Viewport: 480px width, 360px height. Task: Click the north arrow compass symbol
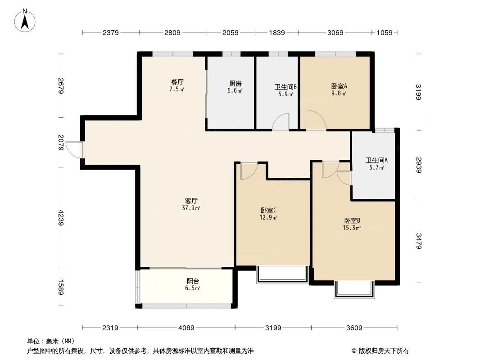pyautogui.click(x=25, y=21)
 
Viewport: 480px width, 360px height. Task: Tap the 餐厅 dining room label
pyautogui.click(x=177, y=82)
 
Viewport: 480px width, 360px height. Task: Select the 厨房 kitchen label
pyautogui.click(x=235, y=84)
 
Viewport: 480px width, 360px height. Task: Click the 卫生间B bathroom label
pyautogui.click(x=285, y=87)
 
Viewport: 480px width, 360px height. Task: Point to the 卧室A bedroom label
pyautogui.click(x=339, y=86)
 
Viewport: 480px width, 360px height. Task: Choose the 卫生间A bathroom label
pyautogui.click(x=376, y=160)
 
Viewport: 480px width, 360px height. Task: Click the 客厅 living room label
pyautogui.click(x=191, y=201)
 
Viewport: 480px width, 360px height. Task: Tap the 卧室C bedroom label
pyautogui.click(x=268, y=211)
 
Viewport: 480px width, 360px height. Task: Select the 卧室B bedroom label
pyautogui.click(x=352, y=221)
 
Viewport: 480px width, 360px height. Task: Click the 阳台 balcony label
pyautogui.click(x=193, y=281)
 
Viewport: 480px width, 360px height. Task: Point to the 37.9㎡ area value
pyautogui.click(x=191, y=208)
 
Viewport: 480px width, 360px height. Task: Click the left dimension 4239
pyautogui.click(x=61, y=217)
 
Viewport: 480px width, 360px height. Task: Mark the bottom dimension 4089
pyautogui.click(x=186, y=328)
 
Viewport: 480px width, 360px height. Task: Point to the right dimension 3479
pyautogui.click(x=419, y=241)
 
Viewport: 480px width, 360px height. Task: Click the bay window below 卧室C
pyautogui.click(x=282, y=274)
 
